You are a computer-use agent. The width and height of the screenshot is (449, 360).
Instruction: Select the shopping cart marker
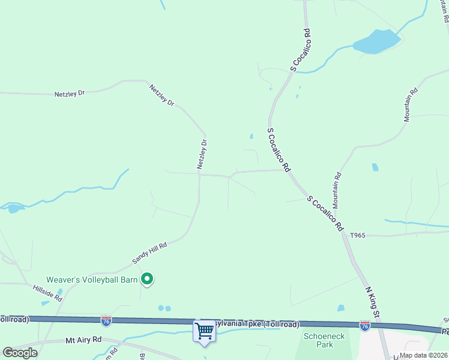(x=204, y=331)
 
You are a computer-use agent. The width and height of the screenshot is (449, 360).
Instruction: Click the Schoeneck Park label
(x=324, y=341)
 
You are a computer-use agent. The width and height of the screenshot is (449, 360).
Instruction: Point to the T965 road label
(x=357, y=235)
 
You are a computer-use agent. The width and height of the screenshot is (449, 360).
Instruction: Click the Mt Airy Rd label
(x=83, y=340)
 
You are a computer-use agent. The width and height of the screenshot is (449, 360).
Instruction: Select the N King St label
(x=373, y=302)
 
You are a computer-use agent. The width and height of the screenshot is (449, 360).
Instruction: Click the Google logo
(x=20, y=353)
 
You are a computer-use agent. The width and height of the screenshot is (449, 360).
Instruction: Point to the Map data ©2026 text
(x=424, y=355)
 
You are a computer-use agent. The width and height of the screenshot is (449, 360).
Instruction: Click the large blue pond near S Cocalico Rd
(x=376, y=42)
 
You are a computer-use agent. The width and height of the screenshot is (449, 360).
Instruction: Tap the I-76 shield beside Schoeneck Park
(x=364, y=325)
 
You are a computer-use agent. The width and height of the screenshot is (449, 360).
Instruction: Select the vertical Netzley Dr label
(x=203, y=154)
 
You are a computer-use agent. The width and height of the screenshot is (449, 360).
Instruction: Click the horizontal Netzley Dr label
(x=70, y=94)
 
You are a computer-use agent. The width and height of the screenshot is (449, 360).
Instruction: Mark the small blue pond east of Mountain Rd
(x=375, y=167)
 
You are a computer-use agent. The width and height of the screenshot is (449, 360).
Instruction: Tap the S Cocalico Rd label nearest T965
(x=325, y=214)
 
